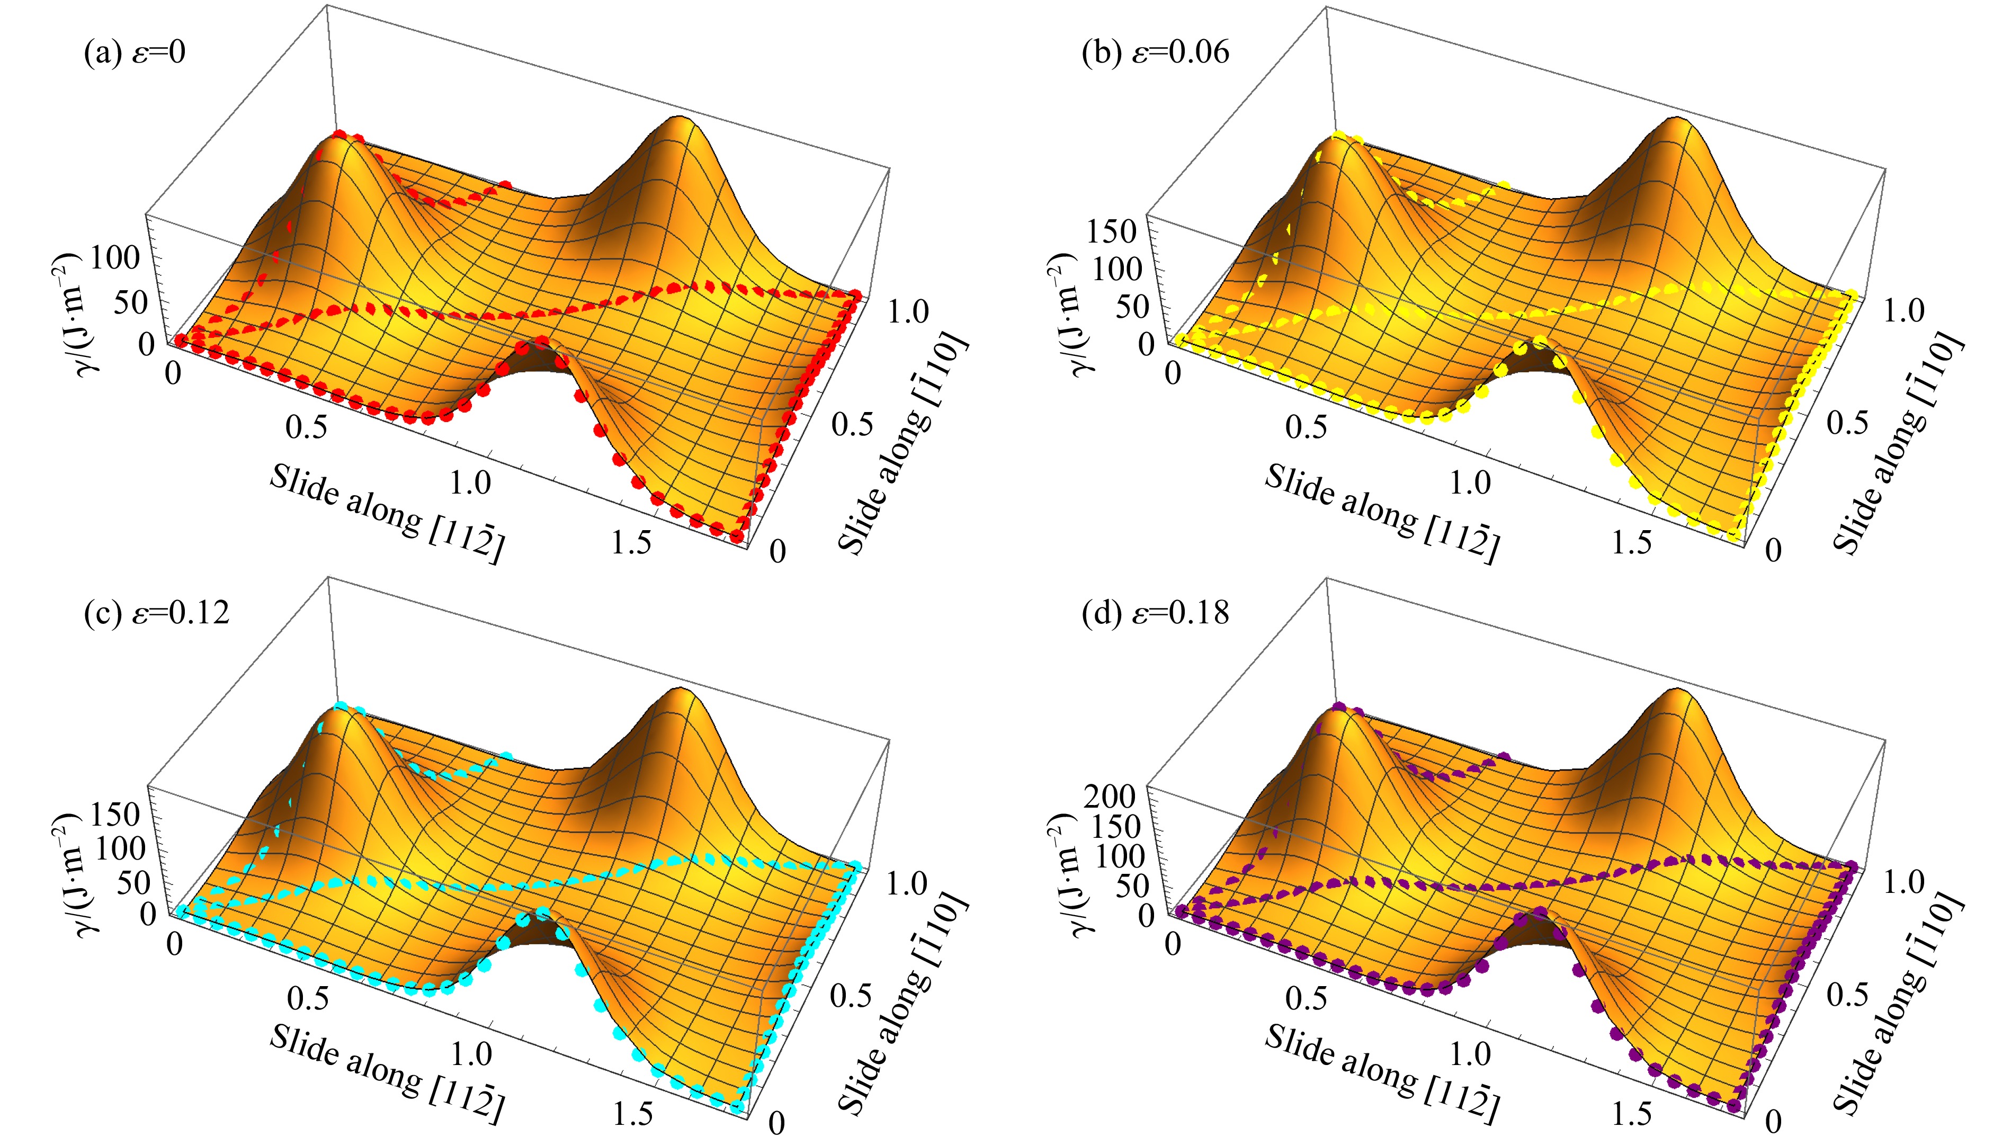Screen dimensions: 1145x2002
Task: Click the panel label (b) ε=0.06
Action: (x=1155, y=52)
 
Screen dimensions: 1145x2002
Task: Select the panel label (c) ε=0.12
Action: (x=156, y=612)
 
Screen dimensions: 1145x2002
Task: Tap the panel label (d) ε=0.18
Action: (x=1155, y=612)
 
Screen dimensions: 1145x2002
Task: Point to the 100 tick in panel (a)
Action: (x=115, y=257)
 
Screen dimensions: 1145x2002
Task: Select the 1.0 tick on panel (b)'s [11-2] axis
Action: (x=1470, y=481)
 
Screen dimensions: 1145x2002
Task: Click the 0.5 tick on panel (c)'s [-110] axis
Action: (x=852, y=995)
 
